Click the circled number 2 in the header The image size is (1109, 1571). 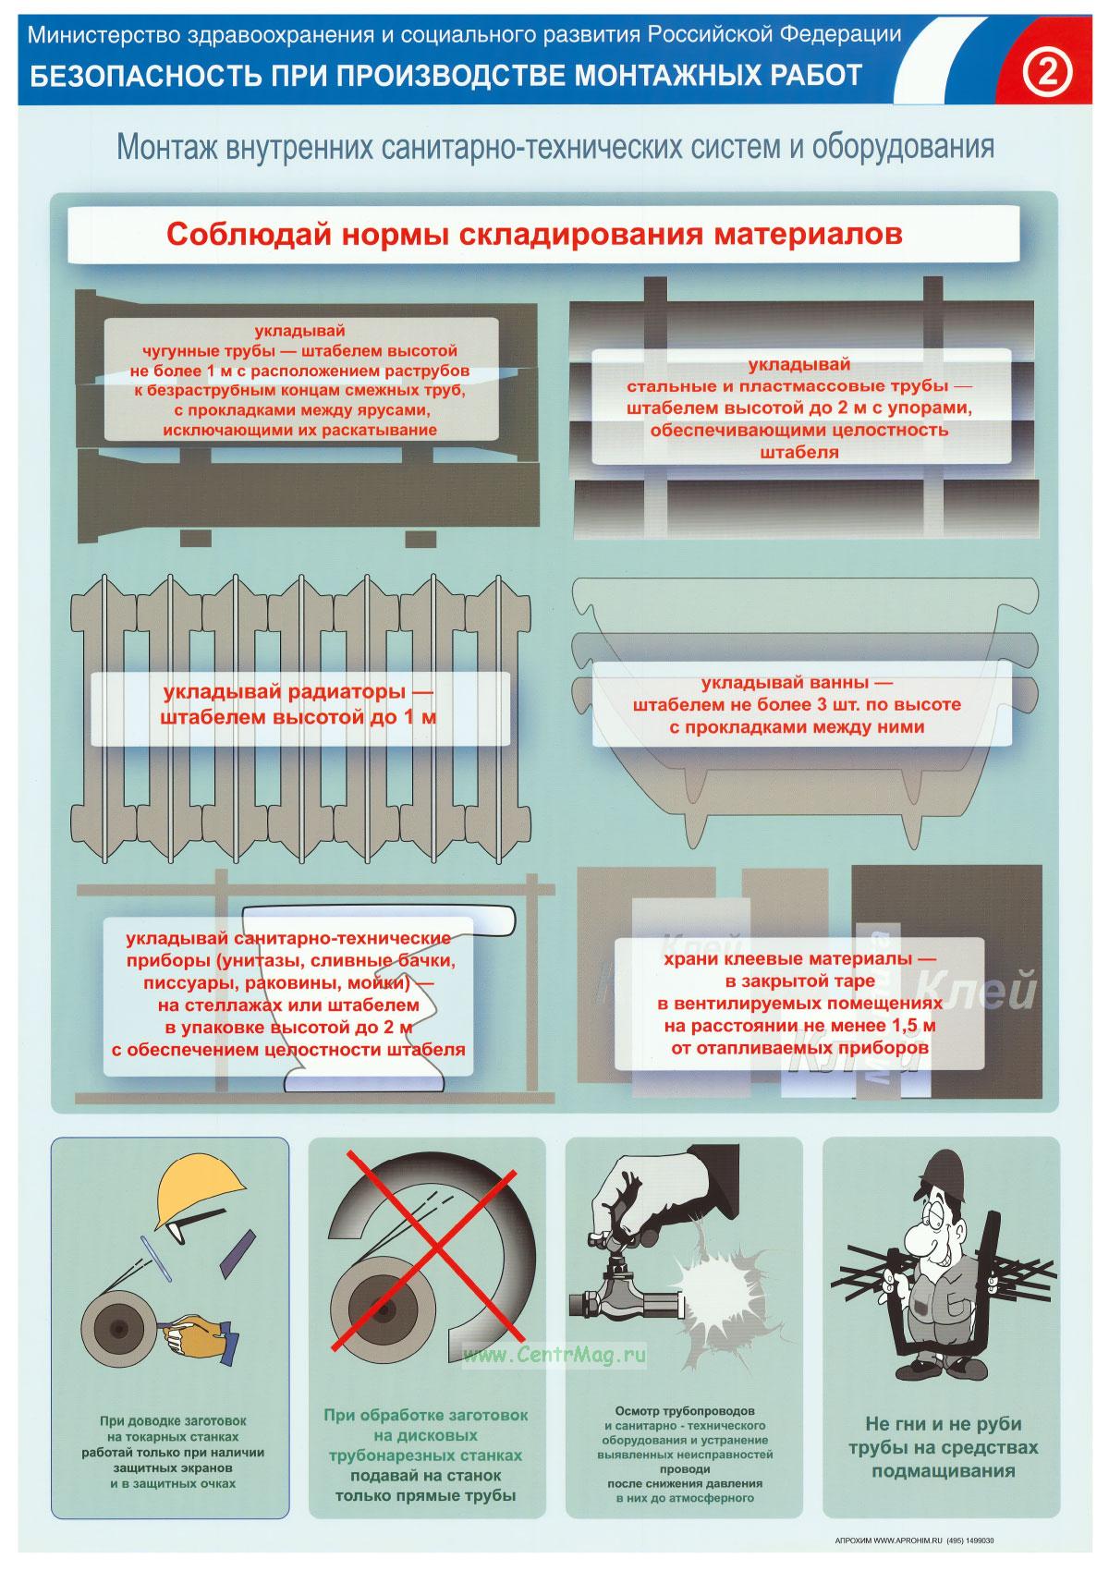tap(1046, 73)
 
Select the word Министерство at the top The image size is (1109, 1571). tap(104, 34)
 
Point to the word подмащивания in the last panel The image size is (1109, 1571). tap(943, 1470)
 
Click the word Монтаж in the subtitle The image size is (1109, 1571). tap(167, 147)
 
